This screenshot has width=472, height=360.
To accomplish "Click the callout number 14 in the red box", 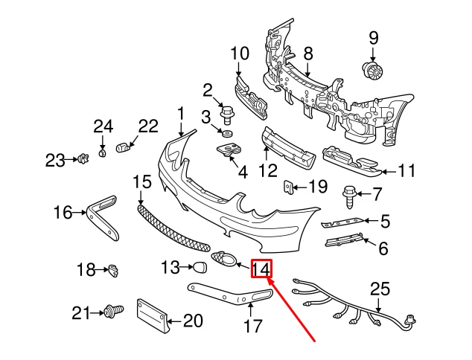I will [x=261, y=269].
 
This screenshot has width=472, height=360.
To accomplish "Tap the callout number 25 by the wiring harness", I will [x=380, y=288].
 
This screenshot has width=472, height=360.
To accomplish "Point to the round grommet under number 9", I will [x=373, y=71].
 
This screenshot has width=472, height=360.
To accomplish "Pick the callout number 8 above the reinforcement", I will [x=307, y=54].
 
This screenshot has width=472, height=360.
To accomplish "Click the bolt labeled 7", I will [x=349, y=196].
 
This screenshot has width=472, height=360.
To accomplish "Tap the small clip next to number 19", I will [x=290, y=187].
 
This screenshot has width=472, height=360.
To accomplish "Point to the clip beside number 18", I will [x=113, y=271].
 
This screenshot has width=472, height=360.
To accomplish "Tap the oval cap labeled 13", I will [x=200, y=267].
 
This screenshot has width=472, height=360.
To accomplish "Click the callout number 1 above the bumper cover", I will [x=180, y=113].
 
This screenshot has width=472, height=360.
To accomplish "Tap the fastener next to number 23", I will [x=83, y=158].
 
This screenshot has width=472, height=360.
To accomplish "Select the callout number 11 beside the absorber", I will [x=406, y=172].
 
